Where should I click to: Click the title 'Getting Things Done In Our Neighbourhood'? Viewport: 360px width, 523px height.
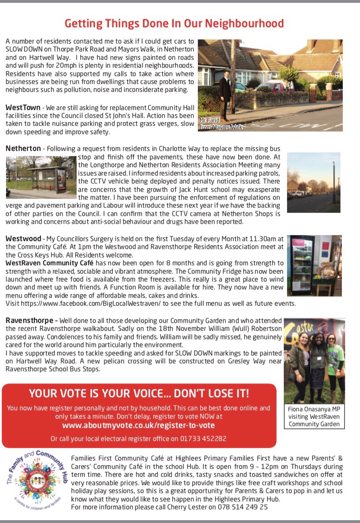(174, 23)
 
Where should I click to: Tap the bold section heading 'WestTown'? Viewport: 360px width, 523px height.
(23, 107)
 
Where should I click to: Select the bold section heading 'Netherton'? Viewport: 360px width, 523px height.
(23, 148)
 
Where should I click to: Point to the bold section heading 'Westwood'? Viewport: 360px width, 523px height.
(23, 238)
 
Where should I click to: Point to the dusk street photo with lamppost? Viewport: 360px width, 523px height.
(314, 182)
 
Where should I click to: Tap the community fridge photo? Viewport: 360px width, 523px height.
(314, 265)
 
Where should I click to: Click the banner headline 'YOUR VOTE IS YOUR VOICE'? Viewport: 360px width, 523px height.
(139, 393)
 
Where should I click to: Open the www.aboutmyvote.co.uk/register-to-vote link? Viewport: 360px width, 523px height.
(138, 425)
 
